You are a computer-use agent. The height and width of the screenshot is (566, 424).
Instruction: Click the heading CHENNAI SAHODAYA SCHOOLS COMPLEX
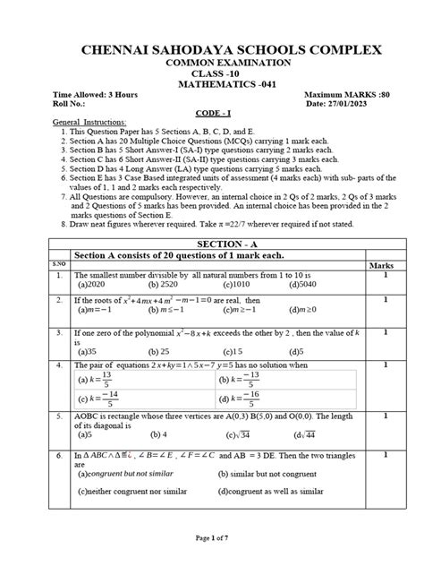point(212,50)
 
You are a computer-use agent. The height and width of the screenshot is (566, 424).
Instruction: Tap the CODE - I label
point(211,114)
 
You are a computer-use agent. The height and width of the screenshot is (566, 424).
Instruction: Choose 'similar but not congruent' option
point(267,476)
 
